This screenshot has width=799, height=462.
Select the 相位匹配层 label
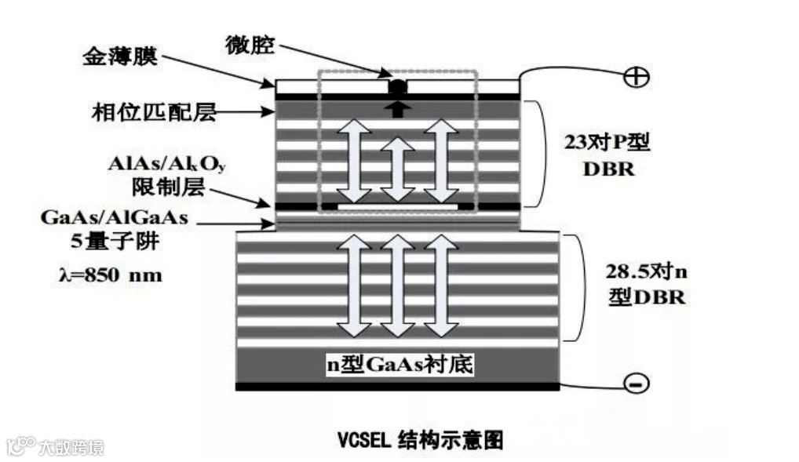153,114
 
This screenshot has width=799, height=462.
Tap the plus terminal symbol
634,77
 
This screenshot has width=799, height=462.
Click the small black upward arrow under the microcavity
397,108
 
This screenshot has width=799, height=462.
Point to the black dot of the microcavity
398,86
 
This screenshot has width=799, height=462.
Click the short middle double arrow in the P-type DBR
398,169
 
